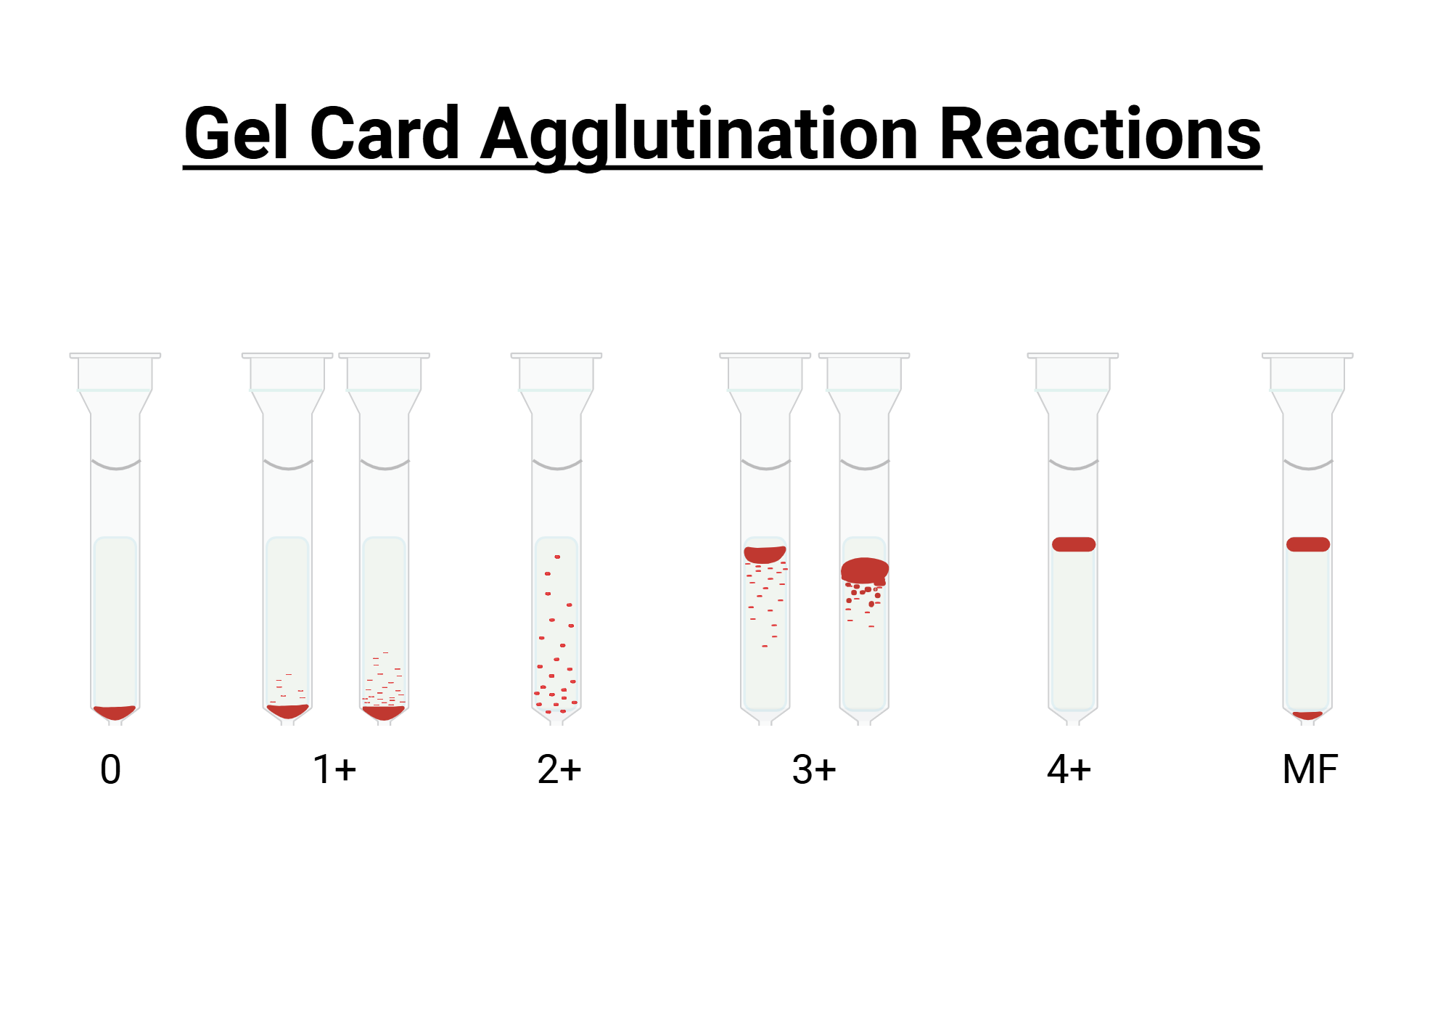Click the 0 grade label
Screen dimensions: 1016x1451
pos(110,769)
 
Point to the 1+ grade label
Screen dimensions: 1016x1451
pos(334,769)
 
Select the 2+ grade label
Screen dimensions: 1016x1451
pos(559,769)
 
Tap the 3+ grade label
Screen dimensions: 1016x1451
pos(814,769)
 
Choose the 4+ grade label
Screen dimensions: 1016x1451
pos(1069,769)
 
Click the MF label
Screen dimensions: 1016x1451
pos(1310,769)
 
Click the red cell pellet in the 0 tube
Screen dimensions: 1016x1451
pos(115,712)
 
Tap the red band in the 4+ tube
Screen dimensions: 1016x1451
pos(1074,544)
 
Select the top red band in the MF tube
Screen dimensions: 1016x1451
pos(1308,544)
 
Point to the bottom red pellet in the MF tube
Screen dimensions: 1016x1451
pos(1307,716)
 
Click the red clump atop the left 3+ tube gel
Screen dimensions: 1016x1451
pos(765,554)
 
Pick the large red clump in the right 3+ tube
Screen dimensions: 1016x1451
pos(864,570)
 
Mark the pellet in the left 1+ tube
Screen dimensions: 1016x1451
pos(287,711)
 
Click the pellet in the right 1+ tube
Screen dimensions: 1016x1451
pos(383,713)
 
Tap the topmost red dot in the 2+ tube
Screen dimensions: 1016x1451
pos(557,557)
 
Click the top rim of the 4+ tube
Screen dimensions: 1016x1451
pos(1073,356)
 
